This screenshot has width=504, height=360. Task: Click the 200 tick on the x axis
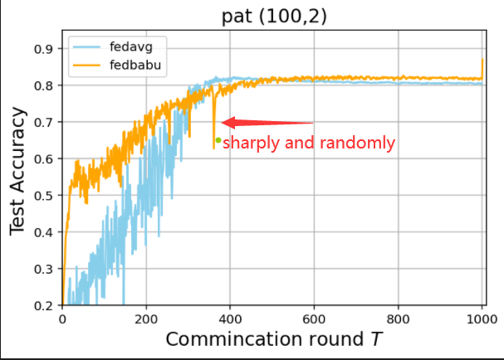[x=146, y=318]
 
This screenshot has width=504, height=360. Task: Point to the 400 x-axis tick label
[x=230, y=318]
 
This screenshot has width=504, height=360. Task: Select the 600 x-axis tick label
[x=314, y=318]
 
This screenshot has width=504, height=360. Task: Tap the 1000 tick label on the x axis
[x=481, y=318]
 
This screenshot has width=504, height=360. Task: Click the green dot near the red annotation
[x=218, y=140]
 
